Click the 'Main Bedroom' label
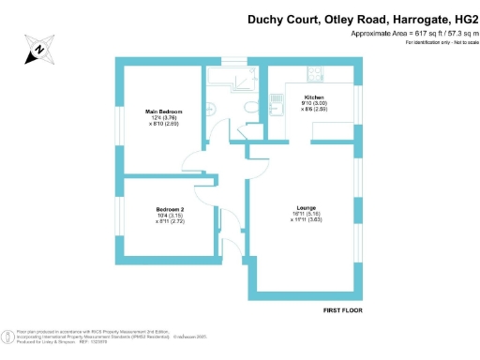[163, 112]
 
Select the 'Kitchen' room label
[314, 98]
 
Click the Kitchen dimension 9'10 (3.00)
[314, 105]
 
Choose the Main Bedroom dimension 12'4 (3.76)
[163, 118]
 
